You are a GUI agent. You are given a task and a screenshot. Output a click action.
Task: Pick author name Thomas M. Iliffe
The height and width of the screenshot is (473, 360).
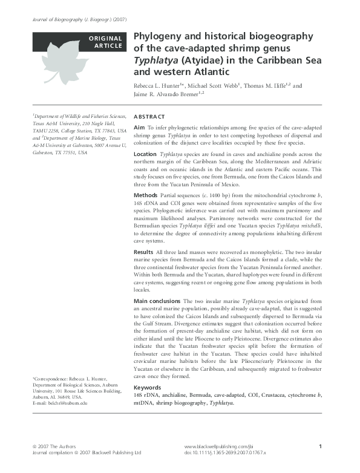tap(267, 85)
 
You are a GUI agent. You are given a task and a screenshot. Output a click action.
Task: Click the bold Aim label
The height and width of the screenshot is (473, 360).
tap(139, 128)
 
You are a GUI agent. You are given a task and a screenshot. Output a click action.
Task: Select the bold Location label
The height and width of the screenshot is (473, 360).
tap(145, 154)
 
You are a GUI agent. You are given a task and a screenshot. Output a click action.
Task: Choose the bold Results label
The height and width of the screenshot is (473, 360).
tap(143, 250)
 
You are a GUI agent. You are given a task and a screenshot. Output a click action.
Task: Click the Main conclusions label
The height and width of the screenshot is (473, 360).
tap(157, 301)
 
